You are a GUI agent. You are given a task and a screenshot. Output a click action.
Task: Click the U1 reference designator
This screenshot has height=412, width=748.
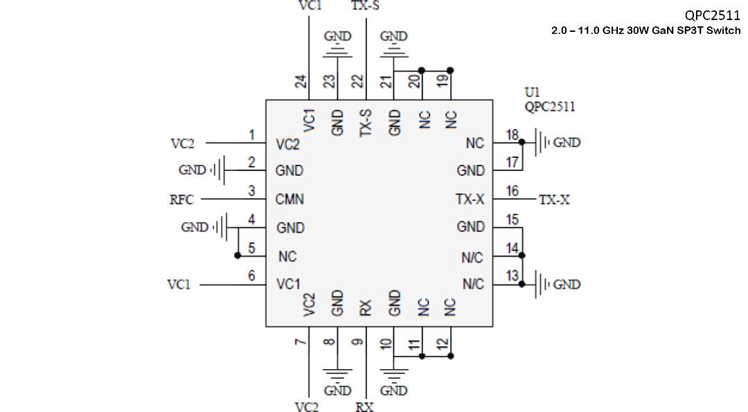click(533, 92)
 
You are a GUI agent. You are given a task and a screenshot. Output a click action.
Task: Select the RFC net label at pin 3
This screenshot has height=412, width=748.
click(181, 200)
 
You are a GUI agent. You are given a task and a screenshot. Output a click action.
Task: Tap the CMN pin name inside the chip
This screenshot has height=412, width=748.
click(290, 200)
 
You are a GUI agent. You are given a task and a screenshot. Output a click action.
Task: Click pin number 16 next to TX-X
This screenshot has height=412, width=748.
click(512, 191)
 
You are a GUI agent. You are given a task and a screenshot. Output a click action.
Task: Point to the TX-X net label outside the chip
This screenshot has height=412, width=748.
click(555, 200)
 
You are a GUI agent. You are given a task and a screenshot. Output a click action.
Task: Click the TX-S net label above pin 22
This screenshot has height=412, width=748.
click(366, 6)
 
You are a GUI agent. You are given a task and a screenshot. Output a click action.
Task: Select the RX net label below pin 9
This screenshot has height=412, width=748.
click(365, 407)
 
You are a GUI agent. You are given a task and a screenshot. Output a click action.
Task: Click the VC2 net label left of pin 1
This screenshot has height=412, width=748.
click(183, 144)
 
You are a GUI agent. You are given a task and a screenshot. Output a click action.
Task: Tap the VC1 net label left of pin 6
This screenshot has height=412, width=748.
click(179, 285)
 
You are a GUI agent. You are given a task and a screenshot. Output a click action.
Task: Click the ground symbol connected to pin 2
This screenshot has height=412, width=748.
click(220, 170)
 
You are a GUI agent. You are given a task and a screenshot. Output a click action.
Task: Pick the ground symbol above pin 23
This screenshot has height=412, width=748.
click(337, 50)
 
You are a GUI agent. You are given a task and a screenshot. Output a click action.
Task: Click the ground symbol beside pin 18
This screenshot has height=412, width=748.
click(543, 143)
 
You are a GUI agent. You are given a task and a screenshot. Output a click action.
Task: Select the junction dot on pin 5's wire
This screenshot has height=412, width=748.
click(238, 256)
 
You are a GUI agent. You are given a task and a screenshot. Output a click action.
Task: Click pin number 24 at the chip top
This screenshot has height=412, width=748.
click(301, 82)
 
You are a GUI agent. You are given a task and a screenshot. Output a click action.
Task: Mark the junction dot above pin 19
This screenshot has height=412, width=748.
click(450, 70)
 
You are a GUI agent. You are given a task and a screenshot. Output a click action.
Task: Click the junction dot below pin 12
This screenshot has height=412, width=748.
click(450, 356)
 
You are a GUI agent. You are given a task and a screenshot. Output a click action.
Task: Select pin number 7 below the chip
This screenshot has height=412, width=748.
click(300, 343)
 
